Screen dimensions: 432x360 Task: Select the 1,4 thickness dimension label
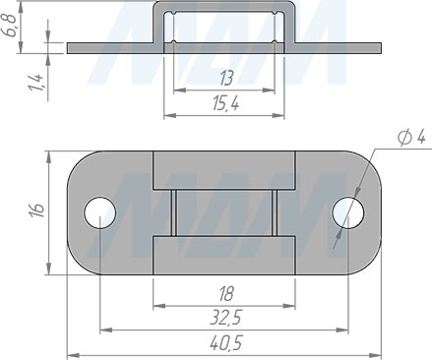click(36, 83)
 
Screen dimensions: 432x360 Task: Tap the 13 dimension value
click(226, 79)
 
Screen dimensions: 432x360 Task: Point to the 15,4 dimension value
click(225, 104)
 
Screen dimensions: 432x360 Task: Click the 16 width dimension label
click(36, 210)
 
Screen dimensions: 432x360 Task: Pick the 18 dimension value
click(225, 293)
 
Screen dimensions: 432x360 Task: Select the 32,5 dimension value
click(225, 318)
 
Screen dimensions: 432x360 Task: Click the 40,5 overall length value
click(225, 343)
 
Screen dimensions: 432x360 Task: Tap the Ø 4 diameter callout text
click(410, 137)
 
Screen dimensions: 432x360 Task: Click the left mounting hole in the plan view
click(100, 212)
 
